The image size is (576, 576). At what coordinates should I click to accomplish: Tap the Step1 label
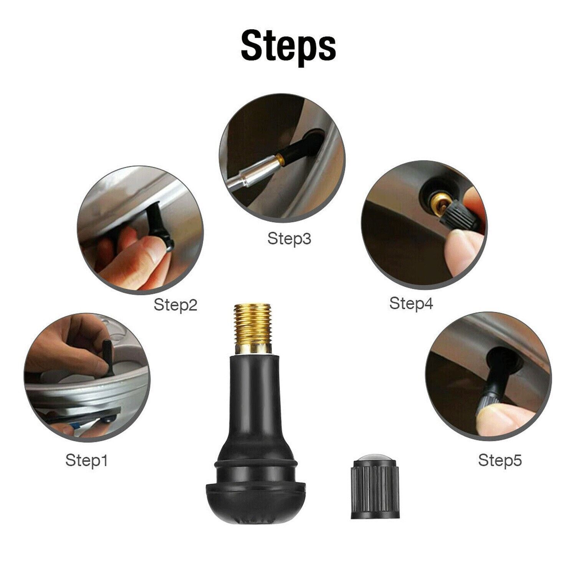pyautogui.click(x=86, y=460)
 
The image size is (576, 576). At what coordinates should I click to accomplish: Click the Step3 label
pyautogui.click(x=289, y=238)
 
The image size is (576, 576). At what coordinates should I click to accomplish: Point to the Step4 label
pyautogui.click(x=411, y=303)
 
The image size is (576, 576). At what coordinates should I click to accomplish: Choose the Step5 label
pyautogui.click(x=500, y=460)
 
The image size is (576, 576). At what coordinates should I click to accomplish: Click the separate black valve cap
pyautogui.click(x=375, y=490)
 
